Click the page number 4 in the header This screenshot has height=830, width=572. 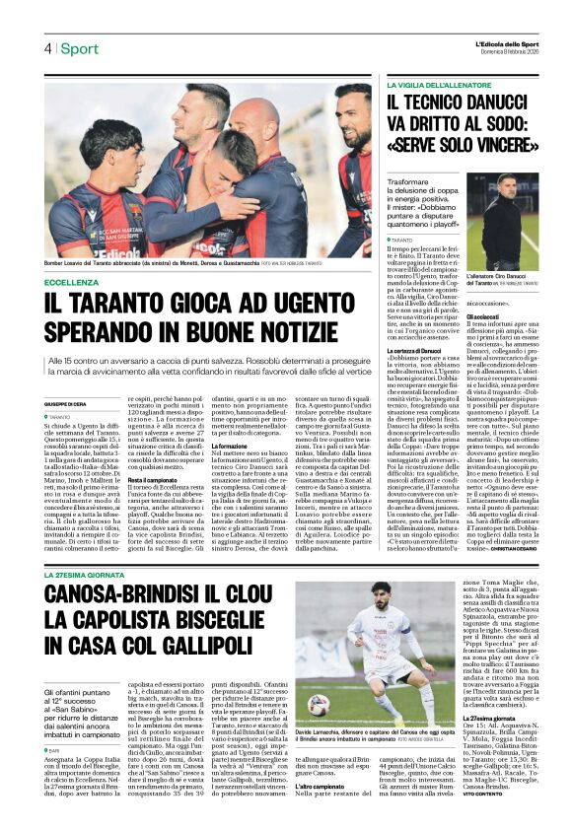[46, 49]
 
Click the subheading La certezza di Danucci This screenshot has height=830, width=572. [413, 350]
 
